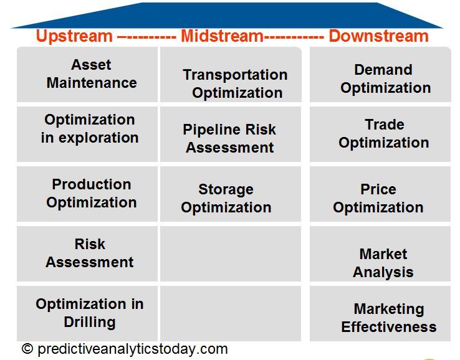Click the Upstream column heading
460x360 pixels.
coord(75,36)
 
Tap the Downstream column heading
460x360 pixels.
coord(378,36)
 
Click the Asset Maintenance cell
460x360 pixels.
coord(91,74)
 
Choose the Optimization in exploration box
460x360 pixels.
coord(90,129)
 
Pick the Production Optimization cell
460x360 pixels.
coord(91,194)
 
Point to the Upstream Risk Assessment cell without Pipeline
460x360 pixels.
coord(90,253)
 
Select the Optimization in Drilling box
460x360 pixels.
coord(90,313)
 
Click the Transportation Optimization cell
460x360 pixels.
coord(235,83)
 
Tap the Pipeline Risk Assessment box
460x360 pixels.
coord(229,139)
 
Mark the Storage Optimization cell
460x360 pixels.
coord(226,198)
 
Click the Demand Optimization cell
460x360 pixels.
coord(385,79)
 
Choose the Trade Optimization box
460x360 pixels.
coord(384,134)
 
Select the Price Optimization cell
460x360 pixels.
coord(378,198)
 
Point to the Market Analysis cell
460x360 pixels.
coord(383,263)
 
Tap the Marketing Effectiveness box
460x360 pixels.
coord(388,318)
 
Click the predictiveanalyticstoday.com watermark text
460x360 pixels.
coord(132,349)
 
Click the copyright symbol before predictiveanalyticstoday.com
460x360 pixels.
coord(27,349)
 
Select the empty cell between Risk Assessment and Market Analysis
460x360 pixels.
coord(231,253)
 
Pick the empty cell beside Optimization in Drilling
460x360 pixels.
coord(231,313)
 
